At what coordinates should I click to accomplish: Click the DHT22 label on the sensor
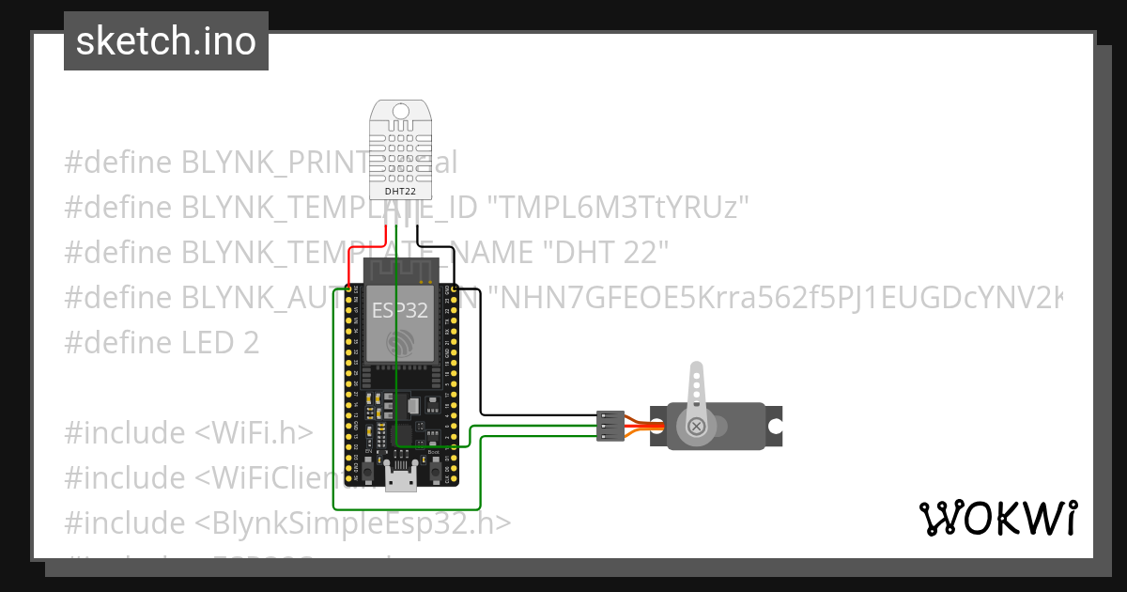pos(401,192)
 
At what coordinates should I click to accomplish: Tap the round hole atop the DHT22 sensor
pos(401,112)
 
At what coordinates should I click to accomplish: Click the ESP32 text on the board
pos(400,309)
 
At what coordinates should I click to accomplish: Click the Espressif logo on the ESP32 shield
pos(401,343)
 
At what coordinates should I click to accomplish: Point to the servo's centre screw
pos(696,426)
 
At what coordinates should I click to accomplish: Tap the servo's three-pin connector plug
pos(610,426)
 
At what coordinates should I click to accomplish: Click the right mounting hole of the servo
pos(775,426)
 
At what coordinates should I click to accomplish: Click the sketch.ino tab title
pos(166,41)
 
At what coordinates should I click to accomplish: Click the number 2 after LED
pos(250,343)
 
